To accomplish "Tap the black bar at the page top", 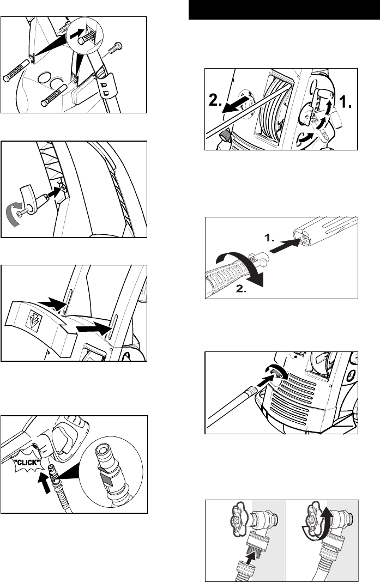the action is (284, 10).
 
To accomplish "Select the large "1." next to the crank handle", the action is (345, 101).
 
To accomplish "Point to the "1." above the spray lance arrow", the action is (270, 238).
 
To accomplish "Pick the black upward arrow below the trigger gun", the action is (44, 483).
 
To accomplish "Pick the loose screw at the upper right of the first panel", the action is (113, 49).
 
